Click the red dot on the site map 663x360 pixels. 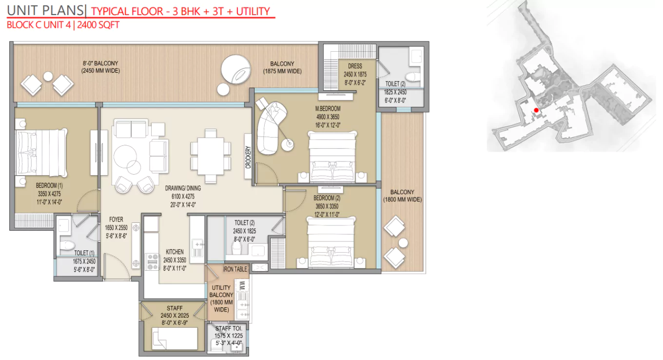(x=536, y=110)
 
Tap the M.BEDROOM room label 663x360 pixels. (x=327, y=108)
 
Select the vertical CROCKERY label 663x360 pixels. (x=248, y=158)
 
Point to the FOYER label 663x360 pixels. (x=116, y=220)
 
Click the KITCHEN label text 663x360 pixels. (x=174, y=252)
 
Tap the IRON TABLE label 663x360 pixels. (x=235, y=269)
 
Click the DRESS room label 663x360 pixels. (x=354, y=66)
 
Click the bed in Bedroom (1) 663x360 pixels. (x=41, y=153)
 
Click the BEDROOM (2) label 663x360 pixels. (x=327, y=198)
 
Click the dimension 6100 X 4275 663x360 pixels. (x=183, y=197)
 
